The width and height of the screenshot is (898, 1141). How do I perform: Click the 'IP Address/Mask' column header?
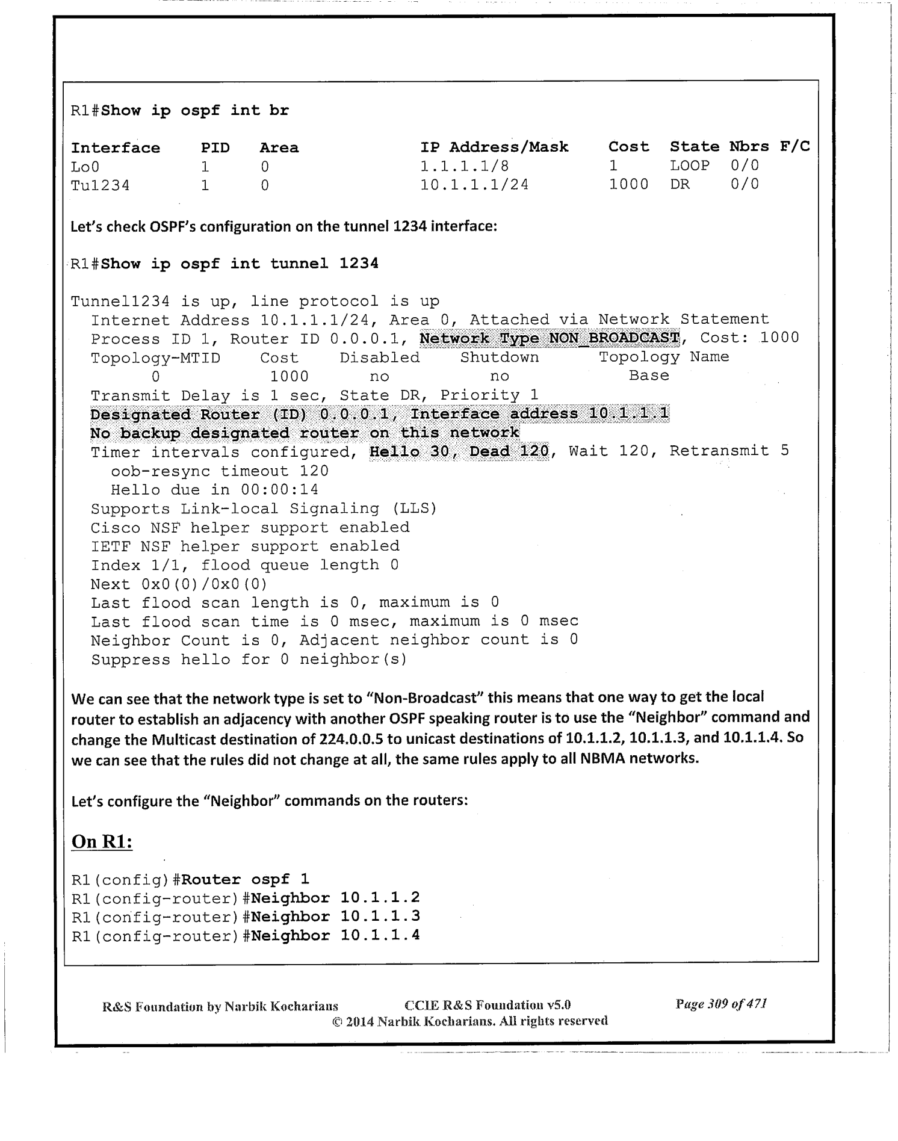tap(494, 147)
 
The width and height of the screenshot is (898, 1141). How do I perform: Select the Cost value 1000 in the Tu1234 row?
tap(628, 184)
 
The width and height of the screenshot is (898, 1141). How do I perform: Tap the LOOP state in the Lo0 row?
tap(690, 165)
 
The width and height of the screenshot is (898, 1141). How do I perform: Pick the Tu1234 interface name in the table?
tap(100, 185)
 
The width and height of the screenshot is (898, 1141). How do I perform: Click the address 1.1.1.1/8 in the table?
tap(465, 166)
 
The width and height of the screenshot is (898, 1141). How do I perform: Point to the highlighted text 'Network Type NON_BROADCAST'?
tap(550, 338)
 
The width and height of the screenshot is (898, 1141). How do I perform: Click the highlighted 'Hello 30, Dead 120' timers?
tap(459, 451)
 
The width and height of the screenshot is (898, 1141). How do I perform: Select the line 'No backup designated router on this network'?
tap(305, 433)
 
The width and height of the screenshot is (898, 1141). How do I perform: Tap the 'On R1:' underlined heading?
tap(102, 841)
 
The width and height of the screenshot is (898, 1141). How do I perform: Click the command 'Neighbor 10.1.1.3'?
tap(335, 917)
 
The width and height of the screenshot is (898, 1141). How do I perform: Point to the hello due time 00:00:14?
tap(279, 490)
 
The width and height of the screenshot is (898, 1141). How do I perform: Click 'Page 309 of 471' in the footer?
tap(721, 1003)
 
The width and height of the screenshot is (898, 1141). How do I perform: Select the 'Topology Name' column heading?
tap(664, 357)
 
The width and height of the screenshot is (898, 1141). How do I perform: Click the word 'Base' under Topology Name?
tap(649, 376)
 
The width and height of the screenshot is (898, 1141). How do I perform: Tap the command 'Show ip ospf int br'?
tap(195, 111)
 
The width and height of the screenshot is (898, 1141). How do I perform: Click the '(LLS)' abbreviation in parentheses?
tap(414, 509)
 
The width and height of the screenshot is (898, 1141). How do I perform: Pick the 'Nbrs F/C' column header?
tap(769, 147)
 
